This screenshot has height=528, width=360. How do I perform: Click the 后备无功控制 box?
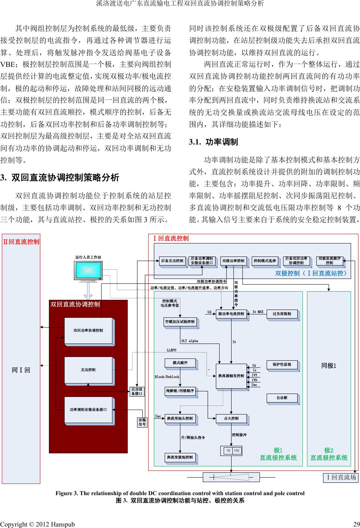[x=172, y=261]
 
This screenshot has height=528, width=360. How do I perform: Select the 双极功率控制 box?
[x=233, y=261]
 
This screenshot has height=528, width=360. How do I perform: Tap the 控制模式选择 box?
[x=264, y=261]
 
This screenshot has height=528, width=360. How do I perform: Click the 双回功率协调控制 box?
[x=89, y=330]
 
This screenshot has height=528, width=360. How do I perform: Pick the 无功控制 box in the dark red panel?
[x=89, y=370]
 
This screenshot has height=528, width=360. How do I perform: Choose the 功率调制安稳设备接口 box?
[x=89, y=410]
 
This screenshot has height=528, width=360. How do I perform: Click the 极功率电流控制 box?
[x=231, y=314]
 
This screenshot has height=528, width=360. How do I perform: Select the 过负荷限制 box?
[x=282, y=314]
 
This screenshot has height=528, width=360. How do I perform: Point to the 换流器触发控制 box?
[x=231, y=375]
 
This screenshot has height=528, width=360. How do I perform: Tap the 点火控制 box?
[x=231, y=419]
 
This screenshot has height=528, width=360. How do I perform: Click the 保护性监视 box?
[x=282, y=364]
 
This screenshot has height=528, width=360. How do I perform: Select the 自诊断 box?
[x=282, y=398]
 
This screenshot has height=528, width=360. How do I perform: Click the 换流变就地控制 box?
[x=180, y=457]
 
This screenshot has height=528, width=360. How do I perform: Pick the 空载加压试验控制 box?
[x=180, y=322]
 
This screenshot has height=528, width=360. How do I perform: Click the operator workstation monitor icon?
[x=89, y=271]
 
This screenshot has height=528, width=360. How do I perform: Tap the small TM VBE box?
[x=232, y=451]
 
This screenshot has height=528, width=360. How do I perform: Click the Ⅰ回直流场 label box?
[x=340, y=478]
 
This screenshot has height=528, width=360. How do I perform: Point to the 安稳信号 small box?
[x=142, y=422]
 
